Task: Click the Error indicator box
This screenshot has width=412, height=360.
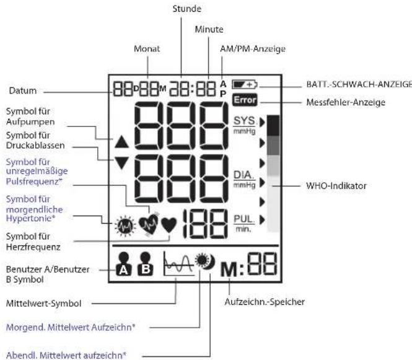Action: (245, 100)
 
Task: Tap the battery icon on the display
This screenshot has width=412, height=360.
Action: (245, 85)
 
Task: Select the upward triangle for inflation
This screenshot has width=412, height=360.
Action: (121, 142)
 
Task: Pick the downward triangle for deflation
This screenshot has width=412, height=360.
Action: (121, 163)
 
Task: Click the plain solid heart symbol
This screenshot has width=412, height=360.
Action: (169, 226)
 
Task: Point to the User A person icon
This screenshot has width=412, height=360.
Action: (124, 264)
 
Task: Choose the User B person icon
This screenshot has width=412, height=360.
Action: (146, 264)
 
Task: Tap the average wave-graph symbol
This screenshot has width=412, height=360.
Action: (178, 263)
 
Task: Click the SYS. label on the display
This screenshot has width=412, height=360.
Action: (244, 121)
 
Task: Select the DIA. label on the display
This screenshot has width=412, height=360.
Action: (244, 175)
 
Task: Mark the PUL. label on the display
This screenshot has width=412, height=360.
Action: (244, 219)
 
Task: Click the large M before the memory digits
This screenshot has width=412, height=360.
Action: (229, 270)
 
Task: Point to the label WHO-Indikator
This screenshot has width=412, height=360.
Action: (336, 186)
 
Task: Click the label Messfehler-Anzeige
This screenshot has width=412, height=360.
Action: (346, 102)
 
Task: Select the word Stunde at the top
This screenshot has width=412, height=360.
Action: (187, 9)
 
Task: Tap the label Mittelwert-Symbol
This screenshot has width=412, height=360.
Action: (43, 304)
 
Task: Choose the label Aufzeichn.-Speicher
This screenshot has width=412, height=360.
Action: (265, 302)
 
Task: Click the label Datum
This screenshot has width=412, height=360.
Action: (23, 90)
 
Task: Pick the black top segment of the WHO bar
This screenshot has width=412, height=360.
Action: (273, 126)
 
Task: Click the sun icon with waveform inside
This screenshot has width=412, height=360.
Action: (125, 226)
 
